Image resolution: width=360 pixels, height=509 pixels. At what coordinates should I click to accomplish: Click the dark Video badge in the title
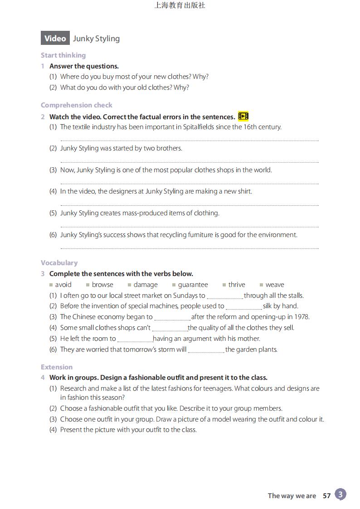(55, 39)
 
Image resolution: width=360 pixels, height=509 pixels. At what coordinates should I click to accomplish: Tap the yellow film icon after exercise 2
(243, 116)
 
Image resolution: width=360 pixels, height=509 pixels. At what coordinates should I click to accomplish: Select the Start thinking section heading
(63, 55)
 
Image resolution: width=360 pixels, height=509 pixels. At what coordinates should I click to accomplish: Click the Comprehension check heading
(76, 105)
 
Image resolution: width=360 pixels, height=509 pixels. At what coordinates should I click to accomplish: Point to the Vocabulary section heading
(59, 263)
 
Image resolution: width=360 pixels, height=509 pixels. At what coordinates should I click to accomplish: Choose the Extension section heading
(57, 367)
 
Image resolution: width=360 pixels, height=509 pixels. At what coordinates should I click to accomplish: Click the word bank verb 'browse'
(102, 285)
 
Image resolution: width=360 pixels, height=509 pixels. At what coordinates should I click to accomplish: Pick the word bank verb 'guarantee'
(193, 285)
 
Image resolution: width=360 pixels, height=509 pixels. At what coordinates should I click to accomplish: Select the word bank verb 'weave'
(275, 285)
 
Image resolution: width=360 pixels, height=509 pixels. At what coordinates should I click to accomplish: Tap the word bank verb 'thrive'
(237, 285)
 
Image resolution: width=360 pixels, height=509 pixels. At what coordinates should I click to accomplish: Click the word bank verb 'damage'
(146, 285)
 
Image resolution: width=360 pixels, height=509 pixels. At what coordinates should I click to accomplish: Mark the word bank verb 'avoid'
(63, 285)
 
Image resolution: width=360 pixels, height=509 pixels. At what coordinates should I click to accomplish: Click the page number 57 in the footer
(326, 496)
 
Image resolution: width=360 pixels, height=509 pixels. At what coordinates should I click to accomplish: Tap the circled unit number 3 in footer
(341, 494)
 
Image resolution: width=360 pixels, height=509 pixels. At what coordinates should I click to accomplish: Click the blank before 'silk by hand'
(243, 307)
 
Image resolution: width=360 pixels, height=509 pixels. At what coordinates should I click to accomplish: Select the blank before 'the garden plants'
(206, 350)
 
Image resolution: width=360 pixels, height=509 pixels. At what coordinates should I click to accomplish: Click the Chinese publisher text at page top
(180, 5)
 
